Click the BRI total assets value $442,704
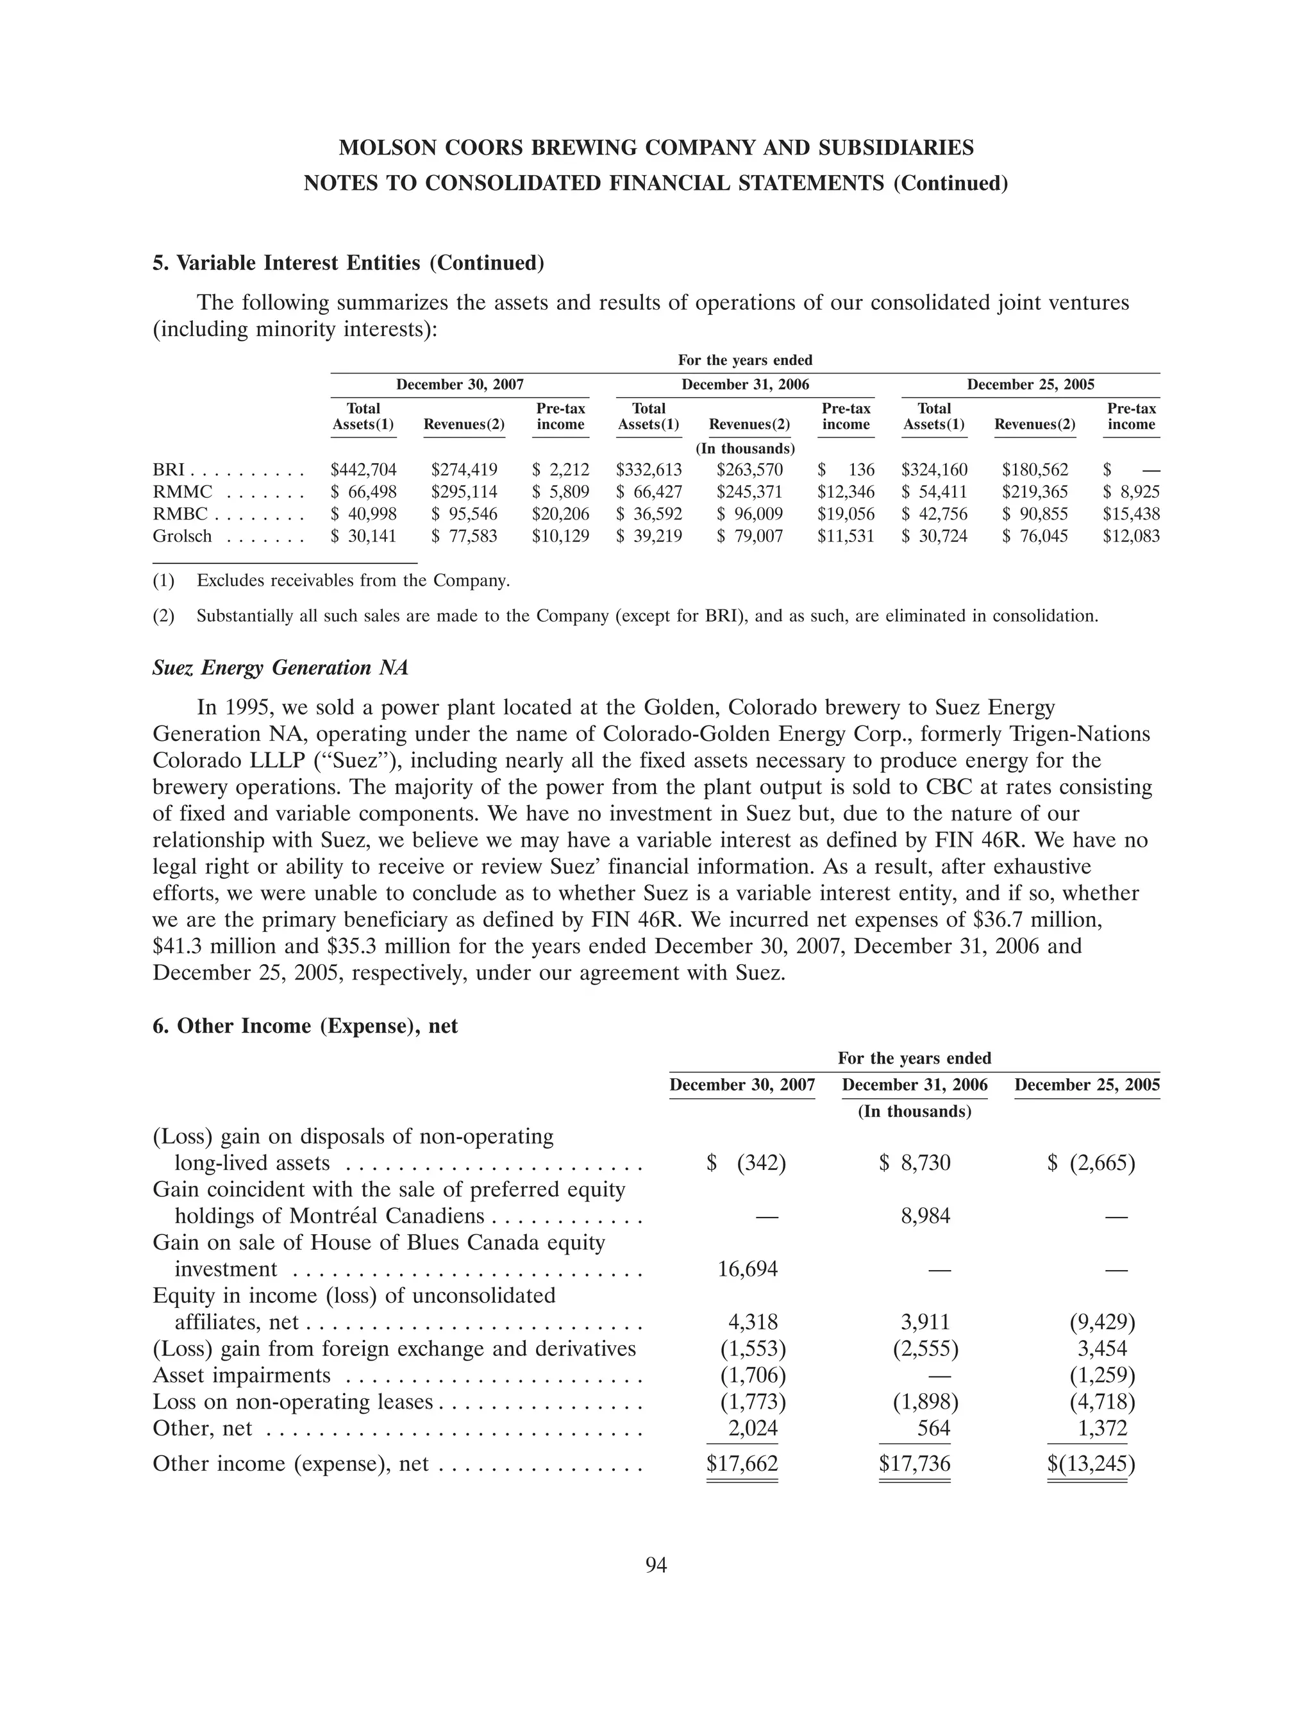364,470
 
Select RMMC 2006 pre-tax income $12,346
846,492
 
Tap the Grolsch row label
182,536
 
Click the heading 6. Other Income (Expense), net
305,1026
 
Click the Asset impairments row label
242,1375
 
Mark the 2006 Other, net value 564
934,1428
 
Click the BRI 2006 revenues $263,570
749,470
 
